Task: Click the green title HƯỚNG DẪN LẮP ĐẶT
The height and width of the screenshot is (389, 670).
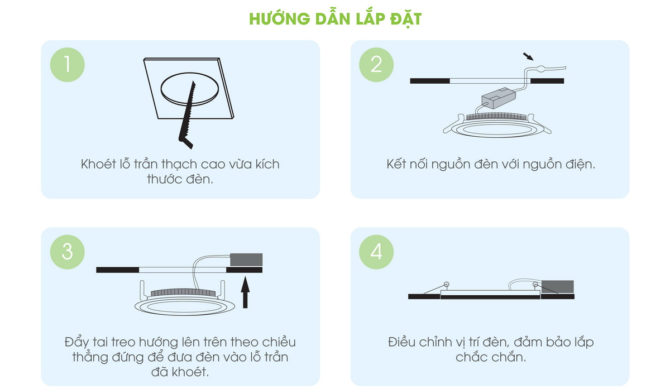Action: coord(336,19)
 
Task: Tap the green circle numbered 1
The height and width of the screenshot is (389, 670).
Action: coord(68,65)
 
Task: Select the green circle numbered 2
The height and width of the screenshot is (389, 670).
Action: coord(376,65)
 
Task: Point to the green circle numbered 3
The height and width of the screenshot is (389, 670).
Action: coord(68,252)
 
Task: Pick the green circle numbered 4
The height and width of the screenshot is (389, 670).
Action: coord(376,252)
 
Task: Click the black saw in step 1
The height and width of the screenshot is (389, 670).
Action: coord(188,117)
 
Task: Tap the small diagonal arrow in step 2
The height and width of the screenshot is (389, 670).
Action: coord(528,56)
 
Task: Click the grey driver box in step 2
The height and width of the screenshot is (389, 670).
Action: coord(498,98)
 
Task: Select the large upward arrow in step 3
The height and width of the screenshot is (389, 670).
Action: coord(245,292)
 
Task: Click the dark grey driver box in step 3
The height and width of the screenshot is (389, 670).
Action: coord(246,260)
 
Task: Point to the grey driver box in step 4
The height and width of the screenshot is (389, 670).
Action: coord(558,287)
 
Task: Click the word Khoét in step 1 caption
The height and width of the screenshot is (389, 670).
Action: coord(98,164)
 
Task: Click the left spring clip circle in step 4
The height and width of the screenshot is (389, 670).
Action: coord(446,284)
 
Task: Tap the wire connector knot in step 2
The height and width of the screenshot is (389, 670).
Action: coord(541,69)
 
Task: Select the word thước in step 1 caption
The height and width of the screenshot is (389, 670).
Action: coord(165,179)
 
